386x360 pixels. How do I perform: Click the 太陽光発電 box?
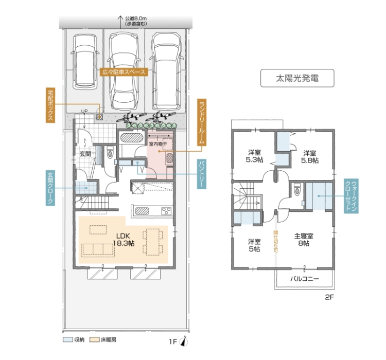point(297,78)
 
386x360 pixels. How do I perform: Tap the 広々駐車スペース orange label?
point(124,72)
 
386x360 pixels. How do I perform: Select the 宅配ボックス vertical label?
point(50,105)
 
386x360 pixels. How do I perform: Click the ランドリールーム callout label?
point(202,122)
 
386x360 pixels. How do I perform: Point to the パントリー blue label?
point(201,174)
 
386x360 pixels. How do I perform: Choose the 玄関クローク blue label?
point(50,188)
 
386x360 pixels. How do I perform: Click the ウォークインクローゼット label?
point(351,196)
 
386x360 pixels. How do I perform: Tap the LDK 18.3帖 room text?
point(124,240)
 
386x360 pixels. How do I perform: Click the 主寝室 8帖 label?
point(304,240)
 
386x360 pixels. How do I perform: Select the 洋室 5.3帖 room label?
point(255,156)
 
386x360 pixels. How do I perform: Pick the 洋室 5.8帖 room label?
point(310,157)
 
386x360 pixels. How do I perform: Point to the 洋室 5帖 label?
point(254,245)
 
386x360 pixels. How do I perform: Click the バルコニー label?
point(305,279)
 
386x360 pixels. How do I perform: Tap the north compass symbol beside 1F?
point(184,341)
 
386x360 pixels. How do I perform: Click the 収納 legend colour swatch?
point(67,340)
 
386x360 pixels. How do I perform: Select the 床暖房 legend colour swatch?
point(94,340)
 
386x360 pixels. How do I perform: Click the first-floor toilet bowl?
point(110,153)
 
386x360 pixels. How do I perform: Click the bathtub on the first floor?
point(131,138)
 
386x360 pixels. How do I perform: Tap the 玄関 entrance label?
point(85,154)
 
